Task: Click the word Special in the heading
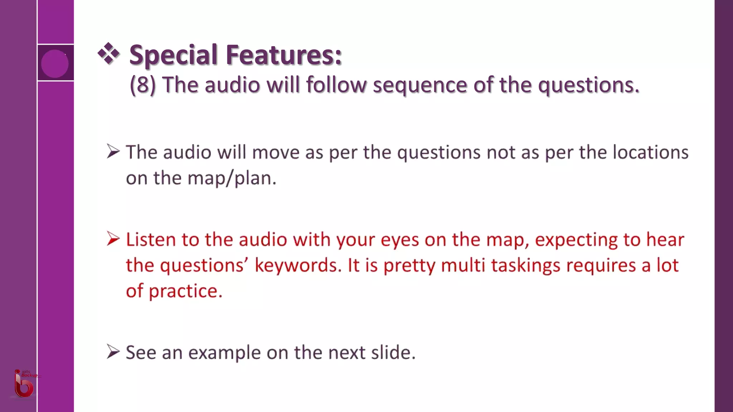tap(173, 55)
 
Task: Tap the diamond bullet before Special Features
tap(108, 54)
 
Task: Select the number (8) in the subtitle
tap(142, 85)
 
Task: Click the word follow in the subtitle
tap(336, 85)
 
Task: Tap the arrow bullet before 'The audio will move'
tap(113, 151)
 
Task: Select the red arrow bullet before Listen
tap(113, 239)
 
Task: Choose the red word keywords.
tap(298, 265)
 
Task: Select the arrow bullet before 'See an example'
tap(113, 352)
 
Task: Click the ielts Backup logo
tap(24, 384)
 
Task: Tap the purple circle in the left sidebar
tap(55, 63)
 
